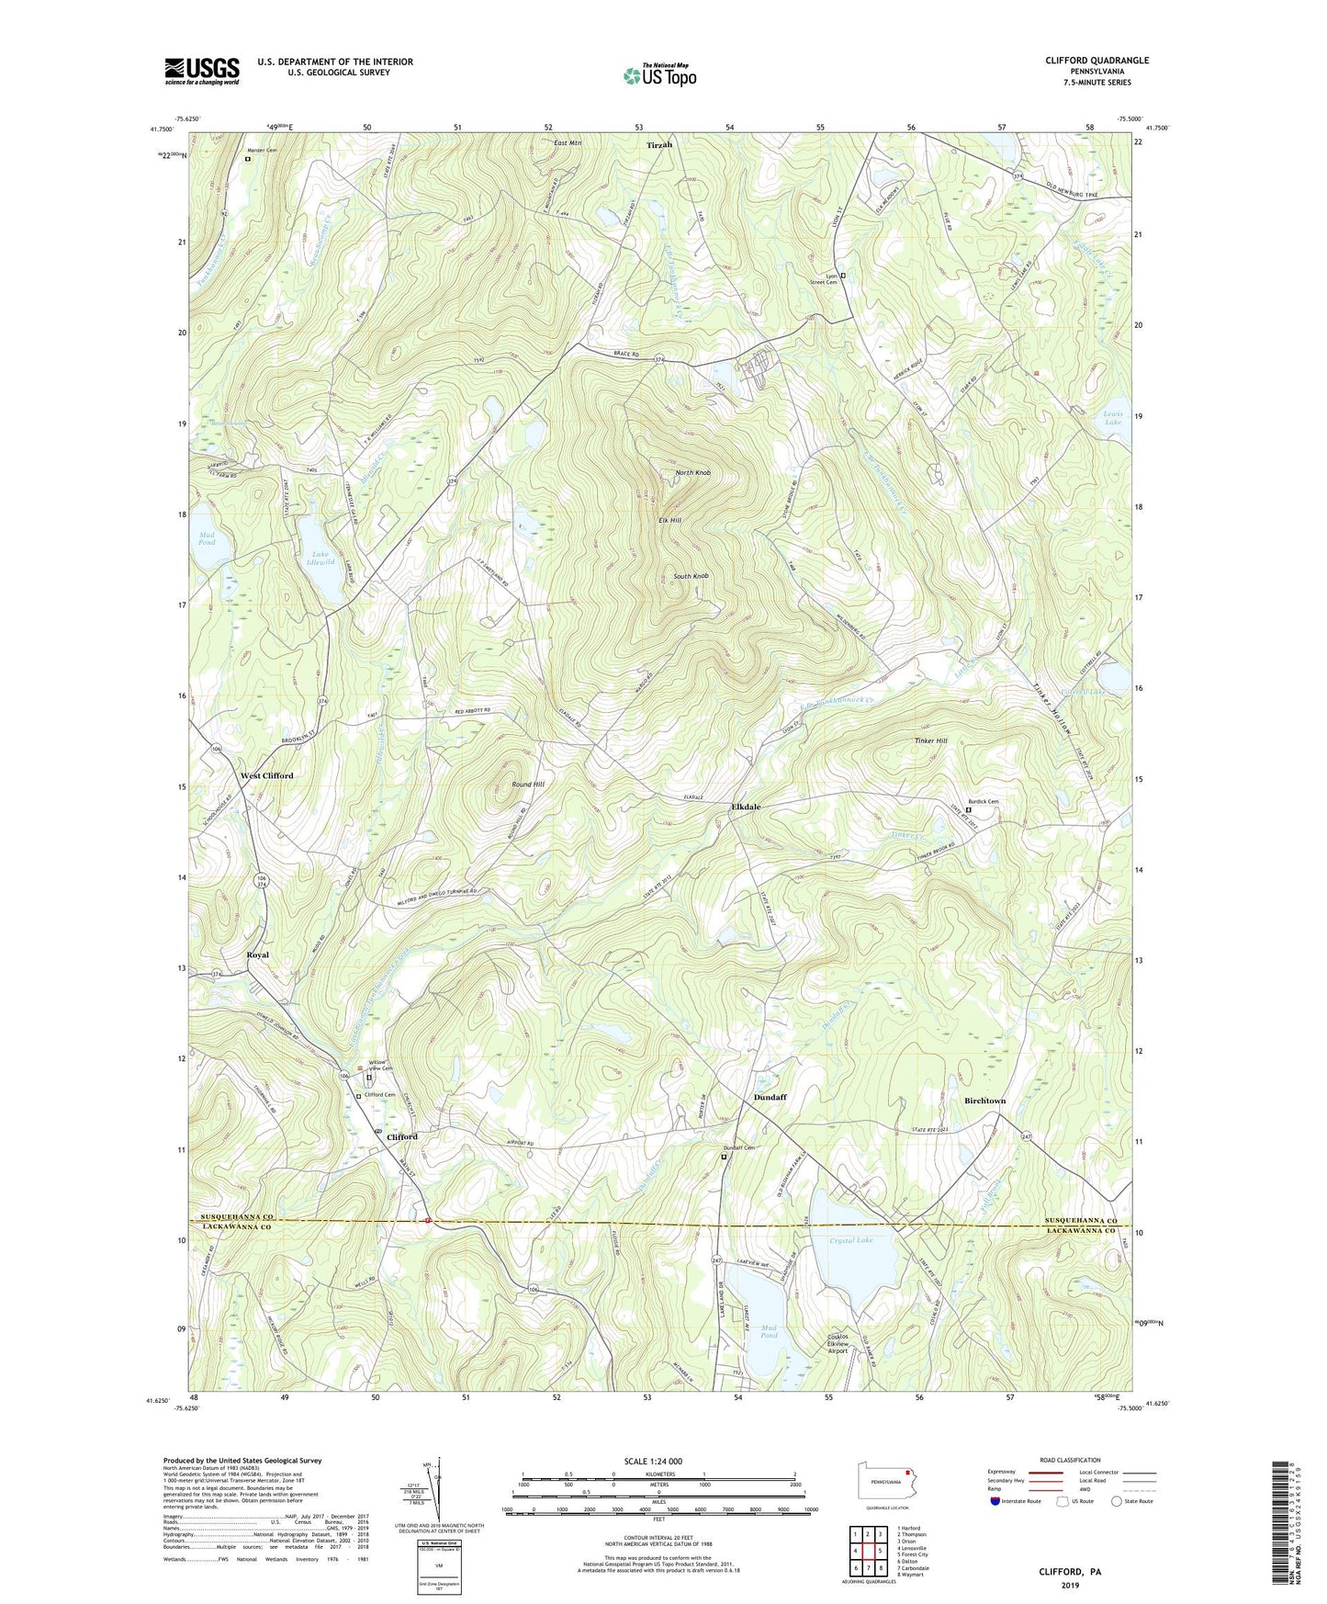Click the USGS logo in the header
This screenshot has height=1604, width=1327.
click(202, 70)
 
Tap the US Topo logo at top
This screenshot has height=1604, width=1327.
click(658, 75)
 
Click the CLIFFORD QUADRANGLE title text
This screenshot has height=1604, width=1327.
click(1096, 61)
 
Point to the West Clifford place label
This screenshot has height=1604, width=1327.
click(267, 775)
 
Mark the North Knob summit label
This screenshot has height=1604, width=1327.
click(692, 473)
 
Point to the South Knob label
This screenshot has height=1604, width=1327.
click(691, 576)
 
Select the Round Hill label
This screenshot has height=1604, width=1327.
click(528, 785)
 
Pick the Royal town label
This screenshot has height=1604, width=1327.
click(258, 954)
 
